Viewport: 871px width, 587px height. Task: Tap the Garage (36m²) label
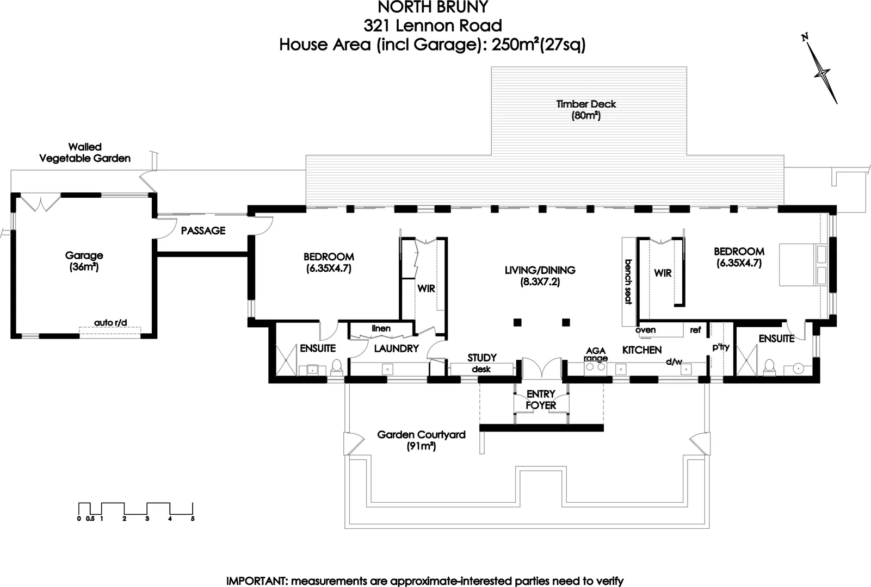pos(84,261)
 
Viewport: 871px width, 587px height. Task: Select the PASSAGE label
pos(203,230)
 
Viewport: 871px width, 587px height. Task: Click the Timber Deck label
pos(586,109)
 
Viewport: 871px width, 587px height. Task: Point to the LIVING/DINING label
pos(540,276)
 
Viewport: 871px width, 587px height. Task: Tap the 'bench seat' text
pos(628,282)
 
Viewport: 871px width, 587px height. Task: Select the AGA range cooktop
pos(595,367)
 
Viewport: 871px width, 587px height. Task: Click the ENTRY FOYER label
pos(541,399)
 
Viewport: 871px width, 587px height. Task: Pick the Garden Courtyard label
pos(421,440)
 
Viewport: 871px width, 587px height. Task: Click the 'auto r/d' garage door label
pos(110,323)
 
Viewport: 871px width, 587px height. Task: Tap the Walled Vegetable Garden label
pos(85,153)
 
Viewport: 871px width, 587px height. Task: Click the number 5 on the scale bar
pos(193,519)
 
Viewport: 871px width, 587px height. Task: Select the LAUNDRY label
pos(396,348)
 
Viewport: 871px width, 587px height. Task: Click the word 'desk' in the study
pos(481,369)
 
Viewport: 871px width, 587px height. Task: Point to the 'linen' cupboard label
pos(381,328)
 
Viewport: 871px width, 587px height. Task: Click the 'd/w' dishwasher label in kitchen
pos(674,361)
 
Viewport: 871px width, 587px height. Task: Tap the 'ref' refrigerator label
pos(695,329)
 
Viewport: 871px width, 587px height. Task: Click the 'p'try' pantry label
pos(721,347)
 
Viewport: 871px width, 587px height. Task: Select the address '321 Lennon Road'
pos(433,26)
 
